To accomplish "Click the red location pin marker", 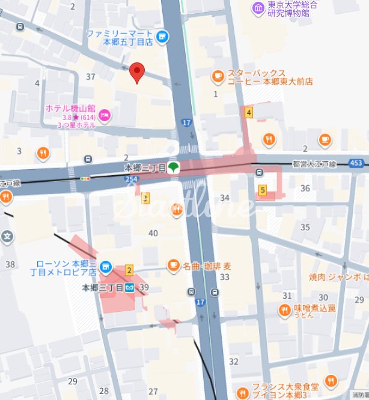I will pos(138,72).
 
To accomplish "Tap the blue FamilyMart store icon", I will pos(162,38).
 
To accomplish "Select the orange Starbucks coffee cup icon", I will pos(218,76).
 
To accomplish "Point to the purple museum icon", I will pos(258,8).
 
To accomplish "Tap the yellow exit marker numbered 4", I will pos(248,112).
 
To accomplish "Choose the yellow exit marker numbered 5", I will pos(262,190).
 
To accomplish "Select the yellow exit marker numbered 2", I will pos(129,271).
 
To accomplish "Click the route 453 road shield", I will pos(356,163).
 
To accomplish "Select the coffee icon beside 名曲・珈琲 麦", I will pos(173,264).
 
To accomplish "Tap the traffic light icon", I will pos(85,178).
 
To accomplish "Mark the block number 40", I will pos(153,233).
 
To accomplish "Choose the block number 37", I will pos(91,76).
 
